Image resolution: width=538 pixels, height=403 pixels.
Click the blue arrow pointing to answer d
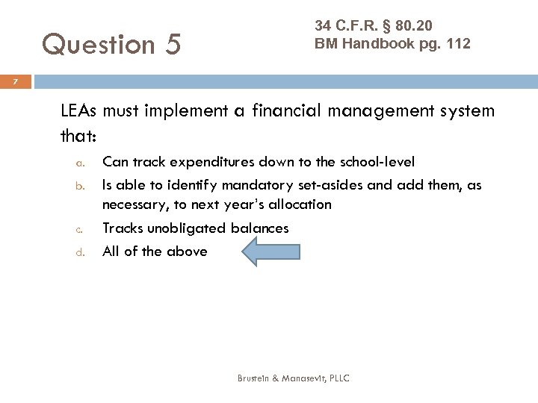pos(270,252)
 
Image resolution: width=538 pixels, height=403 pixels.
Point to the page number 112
pos(457,44)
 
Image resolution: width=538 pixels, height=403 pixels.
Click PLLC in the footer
pos(338,378)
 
